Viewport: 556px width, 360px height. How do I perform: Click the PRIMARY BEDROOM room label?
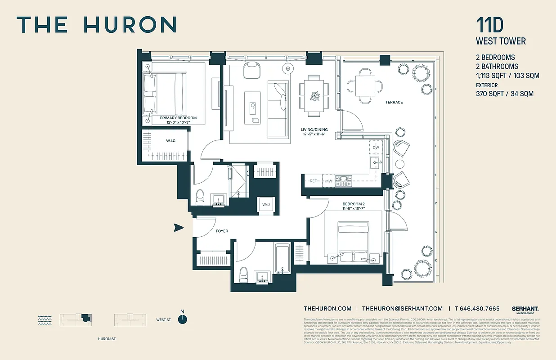point(178,118)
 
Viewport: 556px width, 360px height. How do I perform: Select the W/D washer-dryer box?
point(266,205)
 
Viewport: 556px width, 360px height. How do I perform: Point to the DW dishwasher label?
point(376,147)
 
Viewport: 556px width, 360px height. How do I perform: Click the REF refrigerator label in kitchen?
point(314,181)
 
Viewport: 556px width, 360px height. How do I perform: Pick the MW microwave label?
point(329,181)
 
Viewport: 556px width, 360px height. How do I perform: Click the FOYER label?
point(222,231)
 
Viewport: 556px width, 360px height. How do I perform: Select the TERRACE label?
point(394,102)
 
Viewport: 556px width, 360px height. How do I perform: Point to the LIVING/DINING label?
point(314,130)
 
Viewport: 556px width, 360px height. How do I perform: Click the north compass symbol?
point(182,319)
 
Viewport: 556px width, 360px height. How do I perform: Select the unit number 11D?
point(488,25)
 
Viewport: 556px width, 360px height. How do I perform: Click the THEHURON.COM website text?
point(327,308)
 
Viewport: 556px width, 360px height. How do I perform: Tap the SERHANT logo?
point(525,309)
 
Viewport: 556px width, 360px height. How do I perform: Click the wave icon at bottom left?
point(45,320)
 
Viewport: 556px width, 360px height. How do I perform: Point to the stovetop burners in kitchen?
point(345,181)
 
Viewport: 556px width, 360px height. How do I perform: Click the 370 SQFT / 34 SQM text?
point(505,94)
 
